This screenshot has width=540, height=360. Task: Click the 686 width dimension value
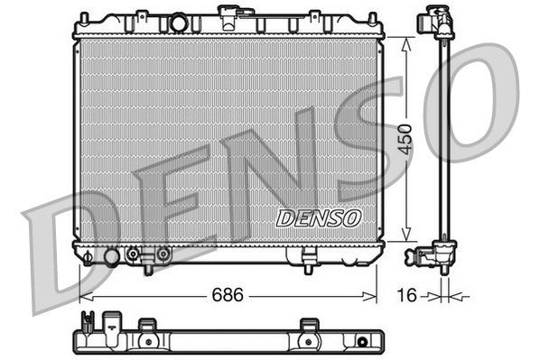point(227,294)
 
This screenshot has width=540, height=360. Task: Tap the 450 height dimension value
point(407,139)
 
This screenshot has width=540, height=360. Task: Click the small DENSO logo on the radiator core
point(318,217)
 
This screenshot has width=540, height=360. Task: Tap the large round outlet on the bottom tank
point(112,257)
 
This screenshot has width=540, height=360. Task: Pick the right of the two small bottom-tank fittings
point(163,255)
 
